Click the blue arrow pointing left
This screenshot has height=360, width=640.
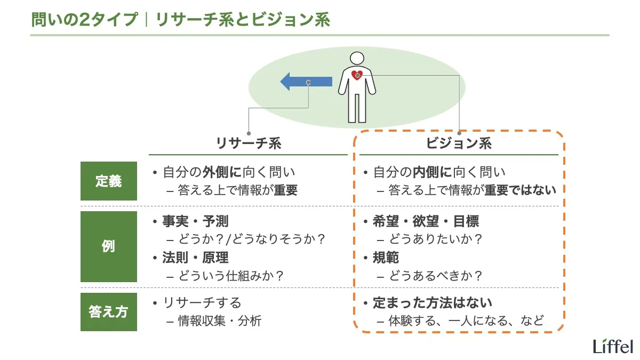click(306, 82)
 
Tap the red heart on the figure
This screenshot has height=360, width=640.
click(357, 76)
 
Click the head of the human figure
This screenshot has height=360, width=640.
click(357, 58)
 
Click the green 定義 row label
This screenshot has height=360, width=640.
click(109, 181)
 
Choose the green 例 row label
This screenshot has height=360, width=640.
click(109, 247)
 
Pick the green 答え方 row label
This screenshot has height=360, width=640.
click(109, 312)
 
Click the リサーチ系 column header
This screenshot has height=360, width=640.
click(248, 143)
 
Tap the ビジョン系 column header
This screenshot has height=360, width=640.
click(459, 143)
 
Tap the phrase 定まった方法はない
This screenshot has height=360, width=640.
click(432, 303)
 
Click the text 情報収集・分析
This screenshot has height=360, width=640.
click(219, 321)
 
